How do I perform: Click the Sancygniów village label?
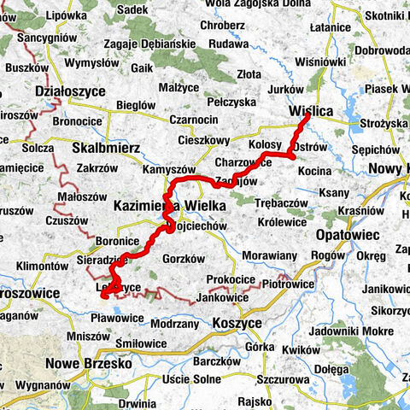pyautogui.click(x=48, y=39)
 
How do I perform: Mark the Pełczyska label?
pyautogui.click(x=233, y=102)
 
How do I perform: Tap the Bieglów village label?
pyautogui.click(x=135, y=104)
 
